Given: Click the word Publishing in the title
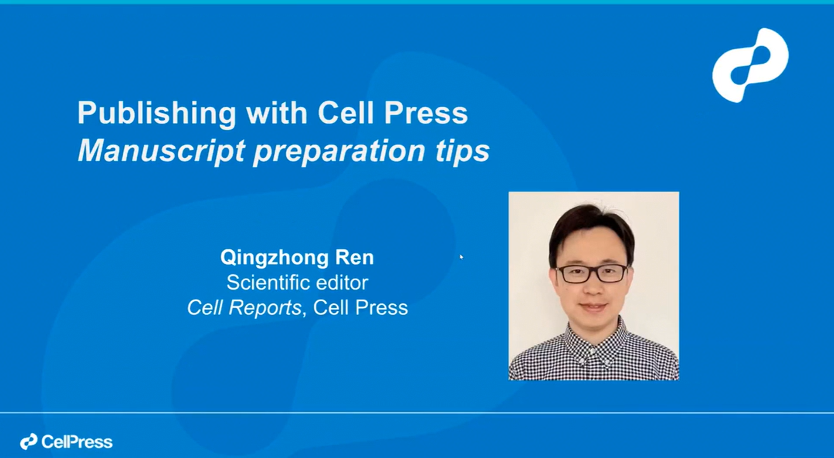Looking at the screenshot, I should pyautogui.click(x=156, y=113).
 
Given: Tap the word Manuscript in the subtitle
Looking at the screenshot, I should pyautogui.click(x=161, y=151).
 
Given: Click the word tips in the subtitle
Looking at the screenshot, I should pyautogui.click(x=462, y=151).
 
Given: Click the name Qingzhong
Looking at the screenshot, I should pyautogui.click(x=275, y=257).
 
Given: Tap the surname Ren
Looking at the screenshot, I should pyautogui.click(x=354, y=257).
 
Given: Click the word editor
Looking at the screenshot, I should pyautogui.click(x=342, y=283).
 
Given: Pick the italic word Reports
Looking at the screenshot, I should pyautogui.click(x=265, y=307).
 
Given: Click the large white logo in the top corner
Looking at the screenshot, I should pyautogui.click(x=750, y=65).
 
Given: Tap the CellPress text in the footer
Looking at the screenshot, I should pyautogui.click(x=77, y=442).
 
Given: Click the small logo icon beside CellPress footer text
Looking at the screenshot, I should pyautogui.click(x=29, y=441).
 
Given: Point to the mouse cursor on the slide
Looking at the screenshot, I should pyautogui.click(x=461, y=257).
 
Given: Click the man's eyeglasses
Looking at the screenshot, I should pyautogui.click(x=592, y=274).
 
